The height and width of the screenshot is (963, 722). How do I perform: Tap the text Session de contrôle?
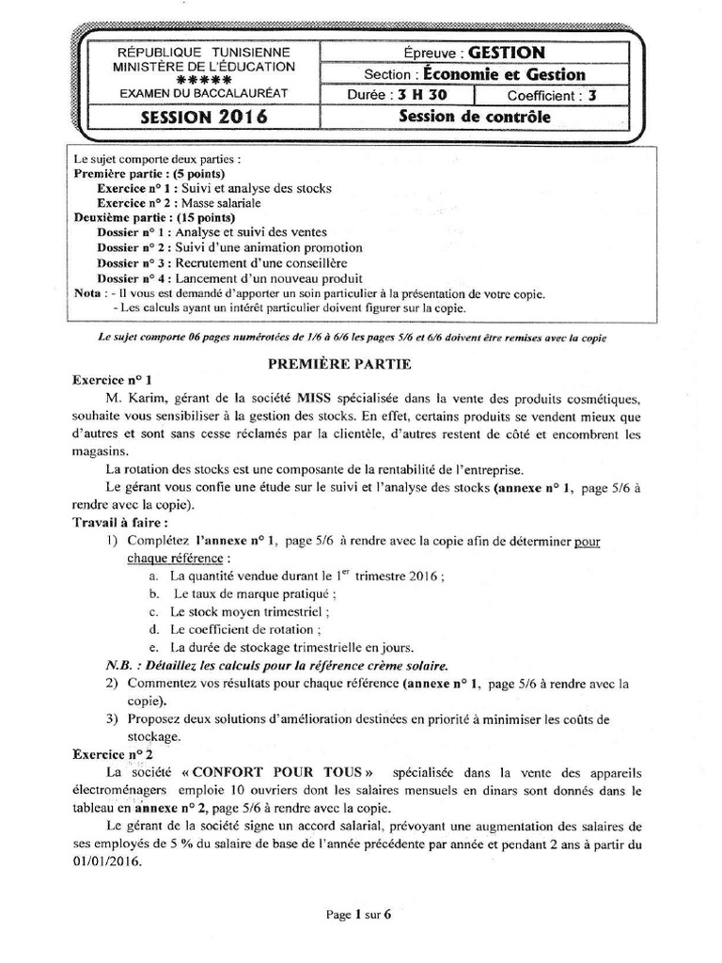pyautogui.click(x=475, y=118)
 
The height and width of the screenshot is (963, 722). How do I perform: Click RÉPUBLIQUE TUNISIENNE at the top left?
pyautogui.click(x=203, y=52)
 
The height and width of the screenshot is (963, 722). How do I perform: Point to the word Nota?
pyautogui.click(x=87, y=293)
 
